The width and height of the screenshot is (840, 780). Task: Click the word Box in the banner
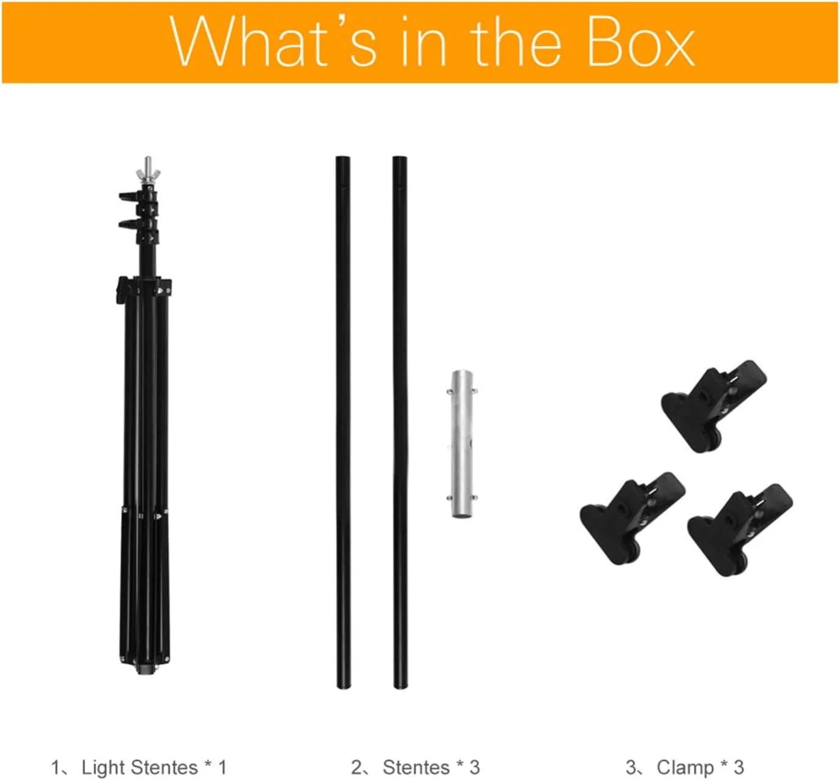640,42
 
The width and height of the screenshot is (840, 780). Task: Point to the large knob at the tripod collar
122,291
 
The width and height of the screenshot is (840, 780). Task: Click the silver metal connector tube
462,444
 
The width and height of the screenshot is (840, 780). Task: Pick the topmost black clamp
714,406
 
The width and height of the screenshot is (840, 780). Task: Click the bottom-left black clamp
632,519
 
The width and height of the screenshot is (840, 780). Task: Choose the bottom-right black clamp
740,530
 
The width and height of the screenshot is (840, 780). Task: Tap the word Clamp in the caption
685,767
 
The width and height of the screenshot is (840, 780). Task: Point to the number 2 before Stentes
356,767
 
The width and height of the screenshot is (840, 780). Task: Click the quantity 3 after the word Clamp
739,767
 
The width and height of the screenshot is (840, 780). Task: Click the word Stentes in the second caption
415,767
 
